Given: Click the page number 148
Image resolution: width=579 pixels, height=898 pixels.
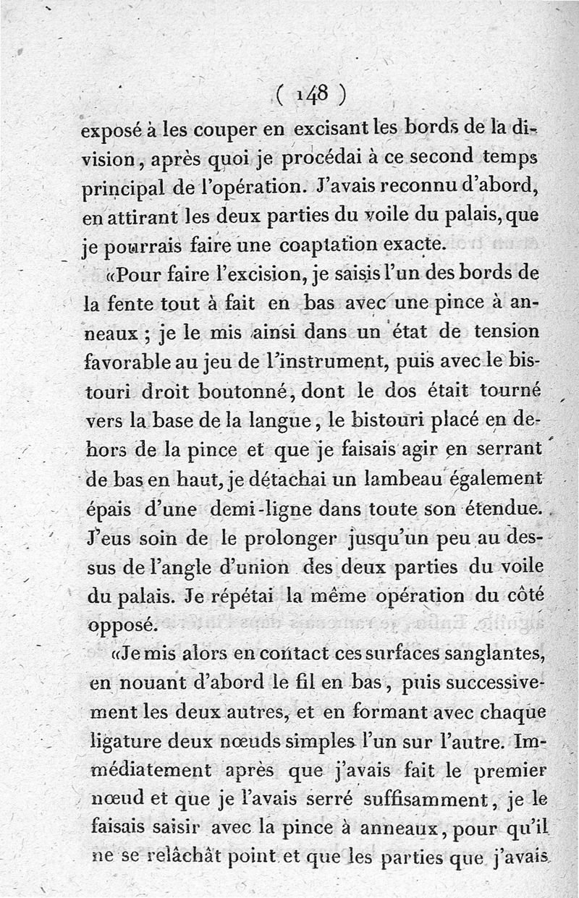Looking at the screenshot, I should [x=313, y=95].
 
